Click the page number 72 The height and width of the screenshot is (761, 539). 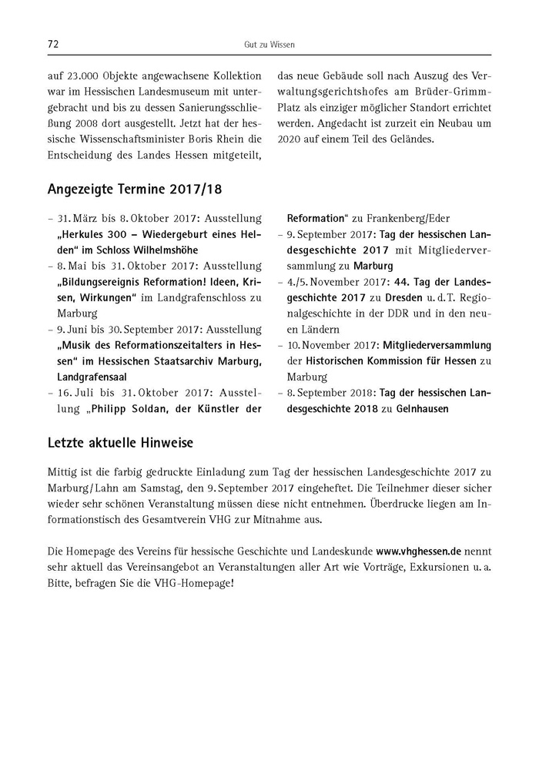point(53,45)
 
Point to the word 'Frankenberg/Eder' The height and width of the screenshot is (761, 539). point(411,219)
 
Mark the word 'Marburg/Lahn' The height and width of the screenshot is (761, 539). point(81,489)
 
